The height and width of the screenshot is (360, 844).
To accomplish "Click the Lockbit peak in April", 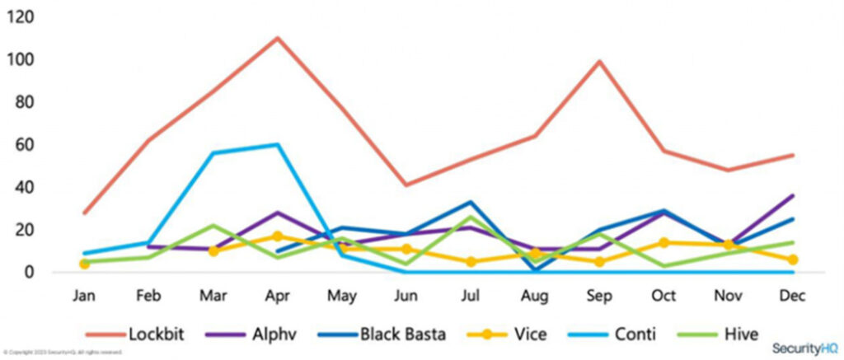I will [x=276, y=38].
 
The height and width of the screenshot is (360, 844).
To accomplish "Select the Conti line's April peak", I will [x=276, y=145].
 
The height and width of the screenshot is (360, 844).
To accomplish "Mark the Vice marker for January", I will [x=84, y=264].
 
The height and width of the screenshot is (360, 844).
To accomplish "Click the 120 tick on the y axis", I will [x=23, y=17].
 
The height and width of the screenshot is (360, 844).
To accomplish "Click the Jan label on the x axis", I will [x=84, y=295].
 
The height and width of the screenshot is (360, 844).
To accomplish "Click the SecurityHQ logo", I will [x=804, y=348].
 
